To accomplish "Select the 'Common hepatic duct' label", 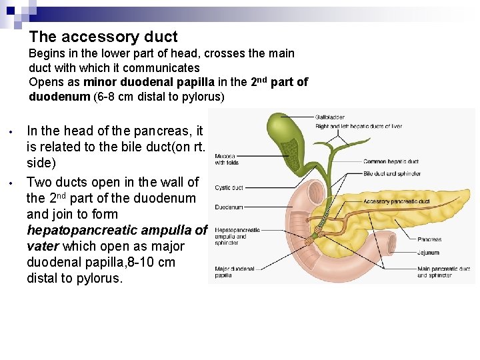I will tap(391, 161).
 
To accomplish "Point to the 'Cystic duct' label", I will tap(229, 188).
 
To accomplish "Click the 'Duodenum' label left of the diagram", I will tap(228, 207).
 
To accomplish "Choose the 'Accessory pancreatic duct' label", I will tap(397, 201).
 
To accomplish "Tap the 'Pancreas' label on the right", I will tap(429, 239).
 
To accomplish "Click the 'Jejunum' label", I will tap(428, 253).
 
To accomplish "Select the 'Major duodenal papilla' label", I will tap(234, 272).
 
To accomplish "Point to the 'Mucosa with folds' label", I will tap(227, 159).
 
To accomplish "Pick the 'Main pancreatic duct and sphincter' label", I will tap(443, 272).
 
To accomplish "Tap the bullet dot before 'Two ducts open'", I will tap(12, 182).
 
